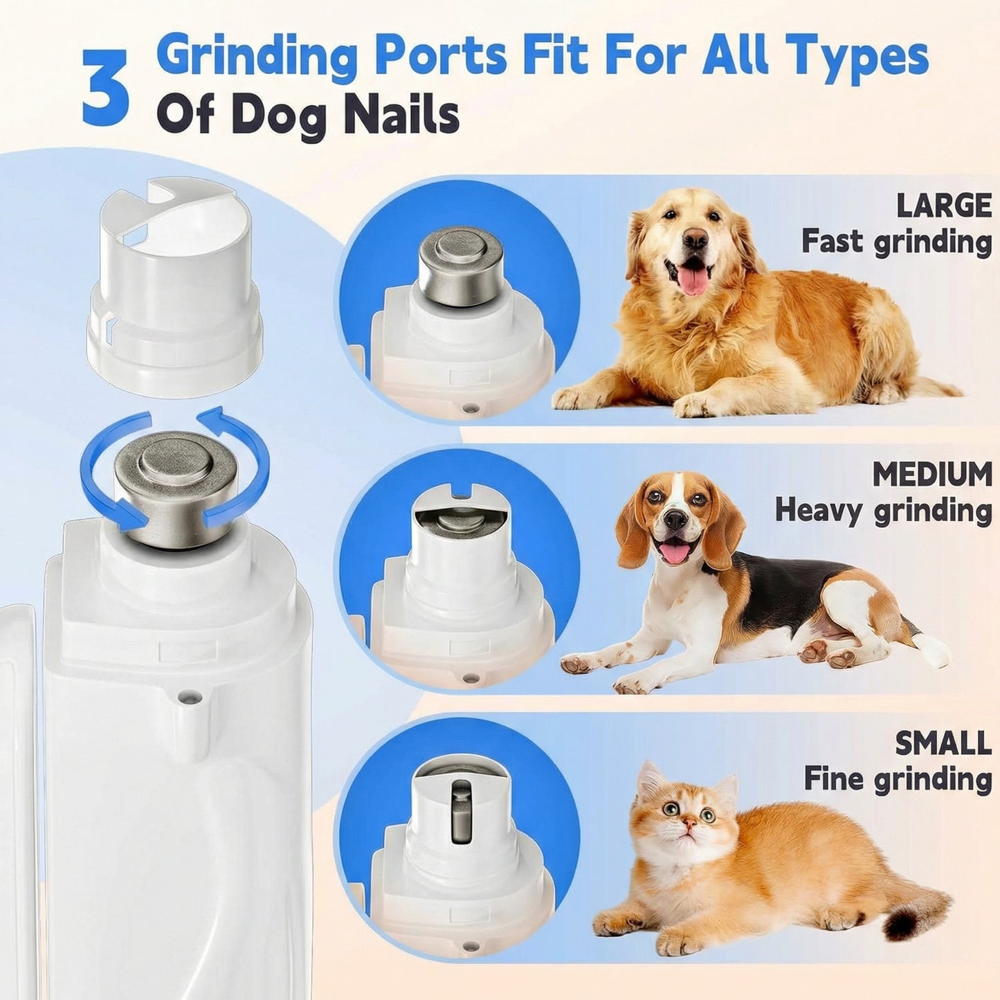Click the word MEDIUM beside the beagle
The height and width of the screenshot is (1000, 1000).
click(931, 475)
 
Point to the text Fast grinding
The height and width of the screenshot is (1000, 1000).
click(896, 242)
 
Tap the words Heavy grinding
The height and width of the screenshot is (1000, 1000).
click(883, 511)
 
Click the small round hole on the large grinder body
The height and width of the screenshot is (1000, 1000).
click(186, 693)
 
